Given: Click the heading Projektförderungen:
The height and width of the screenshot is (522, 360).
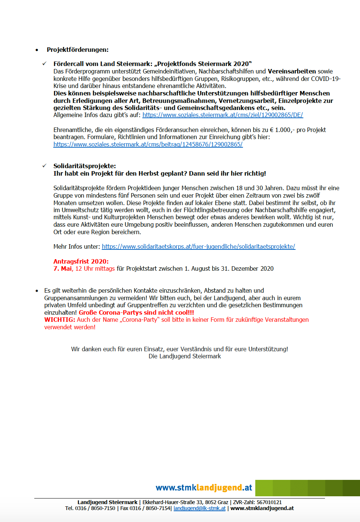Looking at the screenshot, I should click(78, 50).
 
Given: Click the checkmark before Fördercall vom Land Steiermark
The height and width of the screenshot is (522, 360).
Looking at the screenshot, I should click(44, 64).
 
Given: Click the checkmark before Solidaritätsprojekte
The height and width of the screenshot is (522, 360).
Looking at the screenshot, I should click(44, 166).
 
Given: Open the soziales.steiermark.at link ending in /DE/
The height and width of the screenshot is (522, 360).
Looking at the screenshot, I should click(222, 115).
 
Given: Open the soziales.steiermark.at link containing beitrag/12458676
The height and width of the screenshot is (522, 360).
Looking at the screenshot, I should click(148, 144).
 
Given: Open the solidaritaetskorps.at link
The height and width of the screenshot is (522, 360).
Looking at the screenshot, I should click(198, 246).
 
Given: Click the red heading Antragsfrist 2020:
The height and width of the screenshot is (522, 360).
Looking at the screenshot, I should click(81, 261).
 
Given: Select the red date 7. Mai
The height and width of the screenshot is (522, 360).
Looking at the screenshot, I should click(63, 268).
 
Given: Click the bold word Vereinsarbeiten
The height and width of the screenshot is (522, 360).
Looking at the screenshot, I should click(292, 71).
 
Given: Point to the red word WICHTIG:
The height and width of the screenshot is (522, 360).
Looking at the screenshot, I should click(60, 320).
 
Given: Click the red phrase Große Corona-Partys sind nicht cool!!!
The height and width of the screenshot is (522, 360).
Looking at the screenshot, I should click(136, 312).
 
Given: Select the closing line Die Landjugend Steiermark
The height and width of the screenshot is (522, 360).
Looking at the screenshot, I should click(184, 356).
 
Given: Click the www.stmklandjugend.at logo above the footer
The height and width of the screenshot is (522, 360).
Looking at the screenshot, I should click(204, 488).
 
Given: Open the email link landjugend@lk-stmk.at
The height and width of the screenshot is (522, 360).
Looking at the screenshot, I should click(199, 508).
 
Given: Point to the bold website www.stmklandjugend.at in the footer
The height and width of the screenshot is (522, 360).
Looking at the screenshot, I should click(262, 508).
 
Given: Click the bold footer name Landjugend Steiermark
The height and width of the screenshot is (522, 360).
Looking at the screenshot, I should click(107, 502).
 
